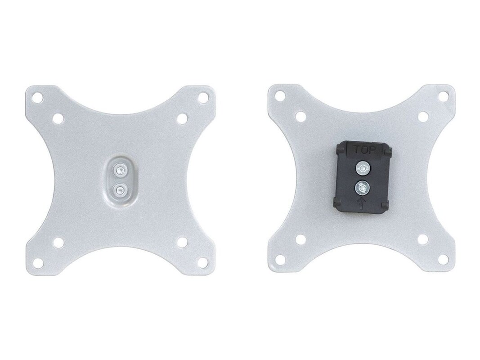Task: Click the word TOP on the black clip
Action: [x=364, y=150]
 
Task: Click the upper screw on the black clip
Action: [x=363, y=168]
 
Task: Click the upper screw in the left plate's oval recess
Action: [x=119, y=171]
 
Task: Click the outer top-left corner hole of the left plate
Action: [x=38, y=99]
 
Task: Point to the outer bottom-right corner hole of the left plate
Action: [x=202, y=262]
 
